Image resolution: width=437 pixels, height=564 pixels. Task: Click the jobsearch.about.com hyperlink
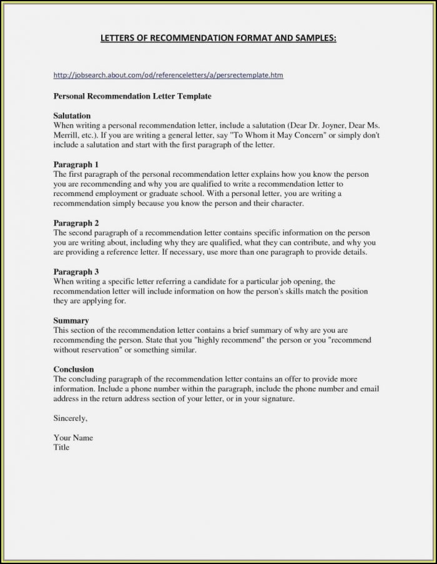pos(168,76)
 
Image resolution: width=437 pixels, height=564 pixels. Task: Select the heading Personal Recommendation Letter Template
pos(132,97)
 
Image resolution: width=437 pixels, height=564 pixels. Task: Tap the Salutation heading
pos(72,116)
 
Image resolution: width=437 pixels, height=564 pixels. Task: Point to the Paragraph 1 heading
pos(76,165)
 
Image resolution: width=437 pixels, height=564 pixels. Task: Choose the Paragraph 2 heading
pos(76,223)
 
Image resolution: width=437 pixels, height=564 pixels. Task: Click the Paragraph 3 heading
pos(76,272)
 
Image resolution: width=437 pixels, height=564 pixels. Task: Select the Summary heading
pos(71,321)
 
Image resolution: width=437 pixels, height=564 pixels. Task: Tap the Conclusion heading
pos(74,370)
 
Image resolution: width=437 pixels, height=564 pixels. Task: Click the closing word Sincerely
pos(71,418)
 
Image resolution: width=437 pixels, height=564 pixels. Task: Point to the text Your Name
pos(73,438)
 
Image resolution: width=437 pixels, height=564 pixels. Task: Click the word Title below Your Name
pos(62,447)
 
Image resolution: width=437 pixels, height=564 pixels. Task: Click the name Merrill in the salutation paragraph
pos(66,135)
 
